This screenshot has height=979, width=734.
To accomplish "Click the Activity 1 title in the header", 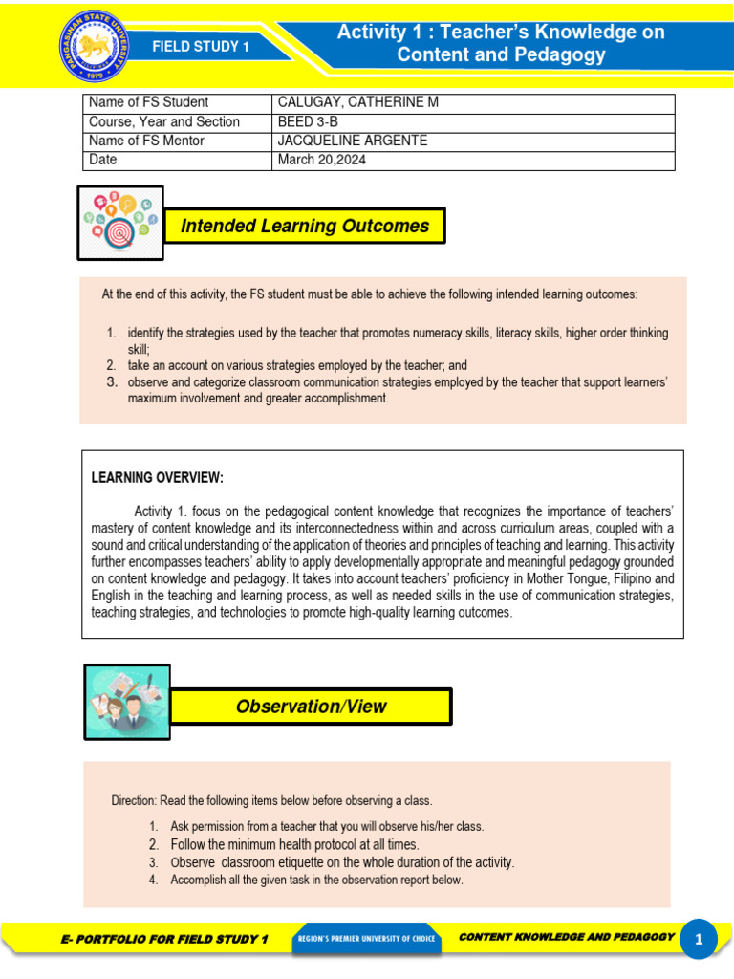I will [x=501, y=43].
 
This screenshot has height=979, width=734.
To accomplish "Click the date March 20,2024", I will [x=321, y=161].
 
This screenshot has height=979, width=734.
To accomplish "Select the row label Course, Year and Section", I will [x=163, y=122].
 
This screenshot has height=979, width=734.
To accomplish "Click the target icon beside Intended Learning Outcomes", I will [x=120, y=223].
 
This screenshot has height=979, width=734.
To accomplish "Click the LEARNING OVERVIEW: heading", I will [x=157, y=478].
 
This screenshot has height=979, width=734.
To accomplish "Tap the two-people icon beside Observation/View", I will [x=127, y=703].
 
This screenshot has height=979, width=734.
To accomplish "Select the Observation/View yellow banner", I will [x=312, y=707].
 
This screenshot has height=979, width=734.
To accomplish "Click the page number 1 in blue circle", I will [x=699, y=940].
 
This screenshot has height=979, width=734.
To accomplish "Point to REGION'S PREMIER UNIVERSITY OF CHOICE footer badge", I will [x=366, y=939].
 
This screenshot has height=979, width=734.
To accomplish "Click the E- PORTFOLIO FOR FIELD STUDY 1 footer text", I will [x=164, y=940].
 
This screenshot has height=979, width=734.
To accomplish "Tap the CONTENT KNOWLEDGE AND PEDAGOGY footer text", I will [x=567, y=937].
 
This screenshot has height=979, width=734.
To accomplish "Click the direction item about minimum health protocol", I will [x=294, y=845].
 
